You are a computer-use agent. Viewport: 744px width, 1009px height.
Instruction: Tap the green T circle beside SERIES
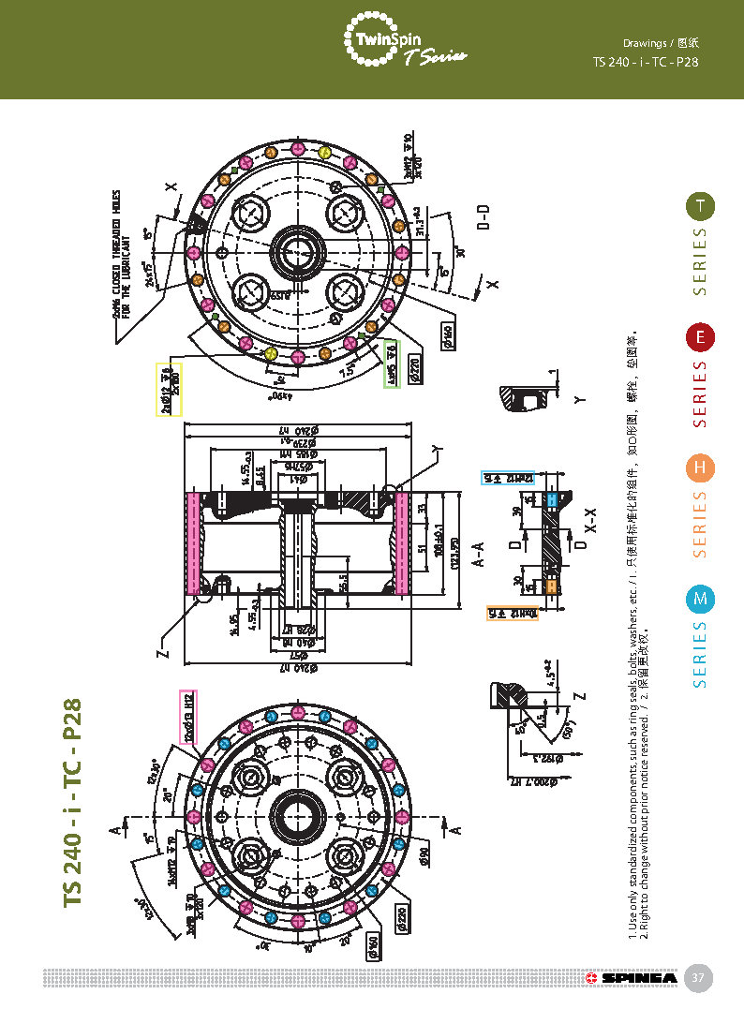click(x=699, y=206)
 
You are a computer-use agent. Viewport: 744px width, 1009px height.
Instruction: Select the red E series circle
click(x=699, y=337)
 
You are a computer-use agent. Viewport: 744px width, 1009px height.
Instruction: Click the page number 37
click(x=697, y=978)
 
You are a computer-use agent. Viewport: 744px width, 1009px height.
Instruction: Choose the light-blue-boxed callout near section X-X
click(x=507, y=477)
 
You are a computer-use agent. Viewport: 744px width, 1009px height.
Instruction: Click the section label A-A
click(x=477, y=553)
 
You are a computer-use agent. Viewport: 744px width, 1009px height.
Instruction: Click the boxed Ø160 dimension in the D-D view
click(x=447, y=335)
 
